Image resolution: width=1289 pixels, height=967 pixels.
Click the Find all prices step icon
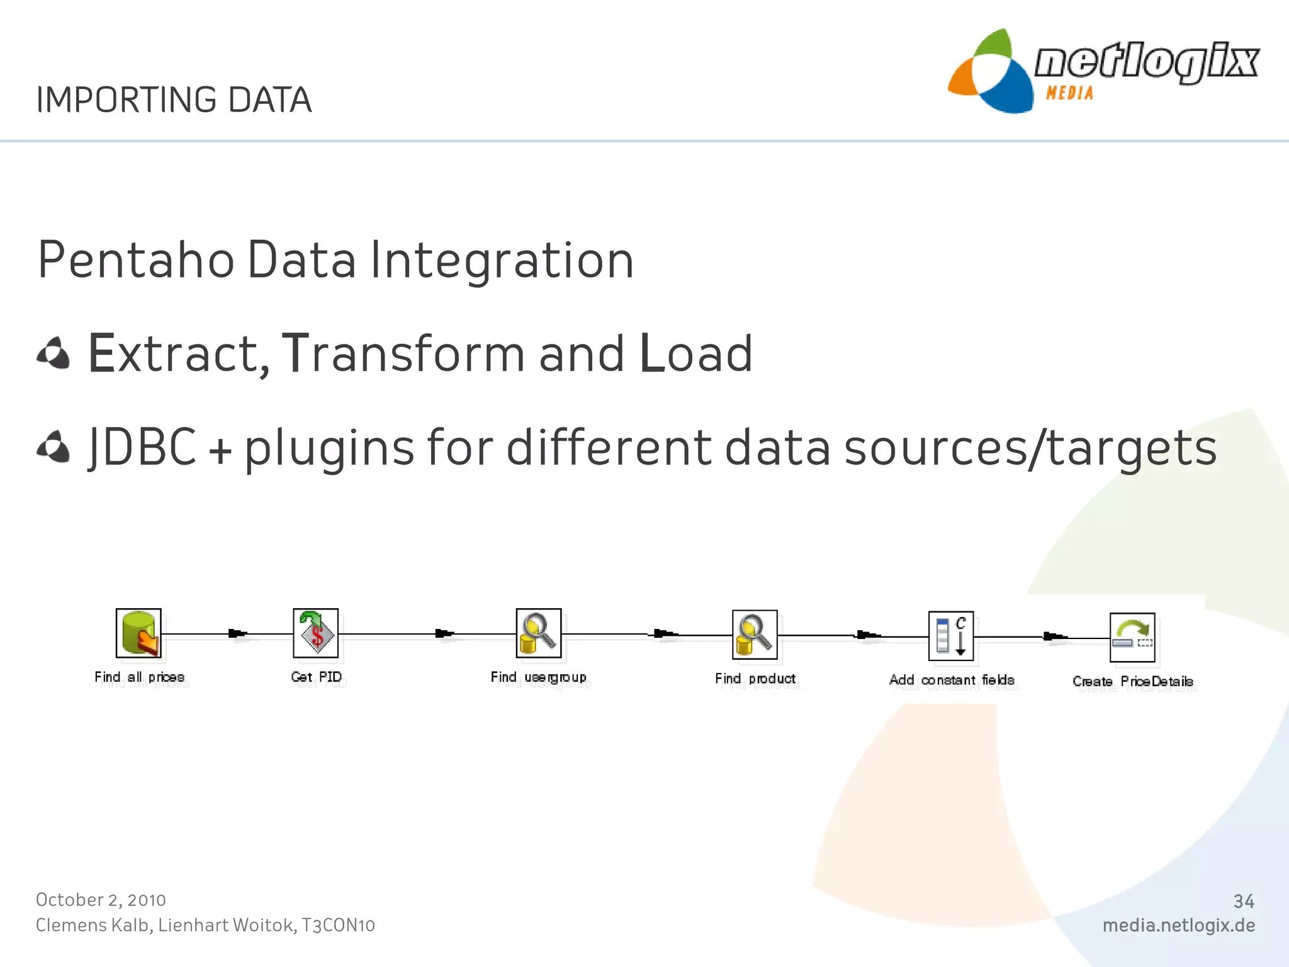(138, 633)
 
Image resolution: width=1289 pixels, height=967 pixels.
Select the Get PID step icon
(316, 633)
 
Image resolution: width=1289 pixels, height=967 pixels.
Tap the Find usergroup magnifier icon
(539, 633)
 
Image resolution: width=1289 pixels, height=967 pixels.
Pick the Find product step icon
(755, 635)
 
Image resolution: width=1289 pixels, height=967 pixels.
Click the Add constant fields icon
(951, 636)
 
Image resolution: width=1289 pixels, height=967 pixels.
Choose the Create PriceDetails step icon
(1132, 637)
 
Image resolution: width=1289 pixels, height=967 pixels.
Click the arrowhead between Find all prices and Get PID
(237, 633)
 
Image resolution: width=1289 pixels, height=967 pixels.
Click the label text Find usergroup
(539, 677)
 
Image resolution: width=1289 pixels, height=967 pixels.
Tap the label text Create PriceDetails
(1133, 681)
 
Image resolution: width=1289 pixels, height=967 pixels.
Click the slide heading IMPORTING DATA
(174, 100)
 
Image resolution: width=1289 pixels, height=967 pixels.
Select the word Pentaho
(136, 260)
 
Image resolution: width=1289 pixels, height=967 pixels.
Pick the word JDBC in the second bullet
(142, 447)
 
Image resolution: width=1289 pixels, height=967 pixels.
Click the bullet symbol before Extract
(53, 353)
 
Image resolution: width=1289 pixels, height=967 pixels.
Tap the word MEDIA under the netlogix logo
(1069, 93)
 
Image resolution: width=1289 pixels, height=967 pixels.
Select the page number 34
(1243, 902)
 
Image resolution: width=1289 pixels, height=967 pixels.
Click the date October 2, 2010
(101, 900)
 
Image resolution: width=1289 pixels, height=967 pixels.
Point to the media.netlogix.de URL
(1178, 925)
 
